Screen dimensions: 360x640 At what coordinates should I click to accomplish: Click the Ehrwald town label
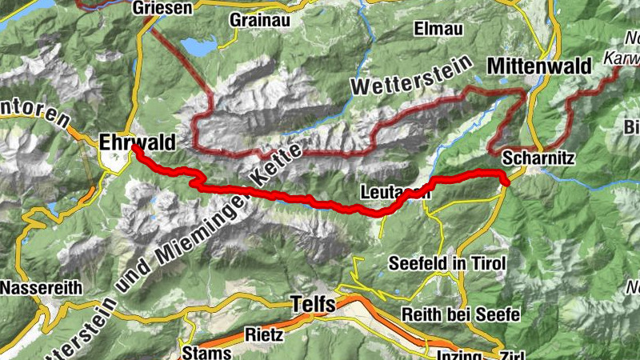point(137,142)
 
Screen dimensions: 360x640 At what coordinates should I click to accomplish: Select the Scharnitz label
point(538,158)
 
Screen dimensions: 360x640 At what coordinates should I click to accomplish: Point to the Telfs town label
point(315,304)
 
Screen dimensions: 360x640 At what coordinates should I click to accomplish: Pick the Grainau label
point(254,19)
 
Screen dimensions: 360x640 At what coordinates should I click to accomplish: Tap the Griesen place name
point(163,7)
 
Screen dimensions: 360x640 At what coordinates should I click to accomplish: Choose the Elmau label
point(438,29)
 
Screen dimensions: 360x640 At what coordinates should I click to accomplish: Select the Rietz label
point(264,335)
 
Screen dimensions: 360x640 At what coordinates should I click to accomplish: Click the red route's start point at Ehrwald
point(134,148)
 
